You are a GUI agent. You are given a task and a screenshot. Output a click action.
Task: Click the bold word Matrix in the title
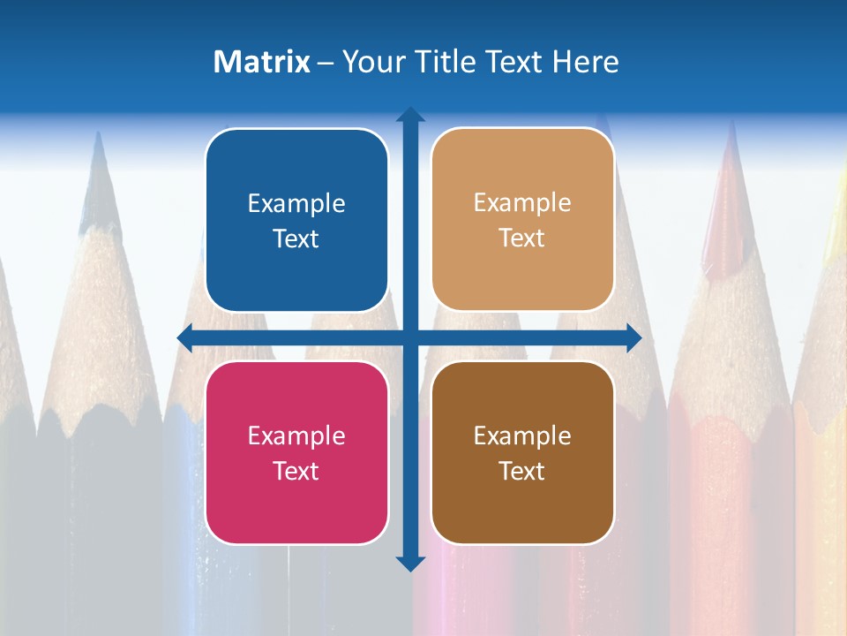tap(262, 62)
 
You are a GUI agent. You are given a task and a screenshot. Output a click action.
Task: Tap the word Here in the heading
tap(585, 62)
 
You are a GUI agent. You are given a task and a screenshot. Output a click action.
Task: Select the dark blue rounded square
tap(296, 220)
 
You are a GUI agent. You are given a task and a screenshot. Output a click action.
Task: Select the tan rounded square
tap(522, 220)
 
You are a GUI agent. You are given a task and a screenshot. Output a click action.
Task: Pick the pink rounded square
tap(296, 452)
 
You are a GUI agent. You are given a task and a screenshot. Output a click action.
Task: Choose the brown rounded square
tap(522, 452)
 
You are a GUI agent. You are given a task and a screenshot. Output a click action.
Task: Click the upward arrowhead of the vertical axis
tap(410, 115)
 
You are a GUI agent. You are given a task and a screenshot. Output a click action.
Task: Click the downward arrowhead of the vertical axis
tap(410, 563)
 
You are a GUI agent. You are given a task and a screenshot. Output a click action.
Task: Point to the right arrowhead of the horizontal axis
tap(633, 337)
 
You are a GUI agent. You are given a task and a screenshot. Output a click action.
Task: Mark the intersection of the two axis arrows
tap(410, 337)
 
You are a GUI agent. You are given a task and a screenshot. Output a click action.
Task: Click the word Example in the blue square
tap(296, 204)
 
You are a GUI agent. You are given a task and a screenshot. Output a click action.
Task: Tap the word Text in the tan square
tap(522, 238)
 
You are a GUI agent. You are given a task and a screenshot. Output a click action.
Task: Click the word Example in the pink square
tap(296, 435)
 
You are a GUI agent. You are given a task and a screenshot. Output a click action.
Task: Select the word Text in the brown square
tap(522, 471)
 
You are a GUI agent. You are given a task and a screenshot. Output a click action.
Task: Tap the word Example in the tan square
tap(522, 203)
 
